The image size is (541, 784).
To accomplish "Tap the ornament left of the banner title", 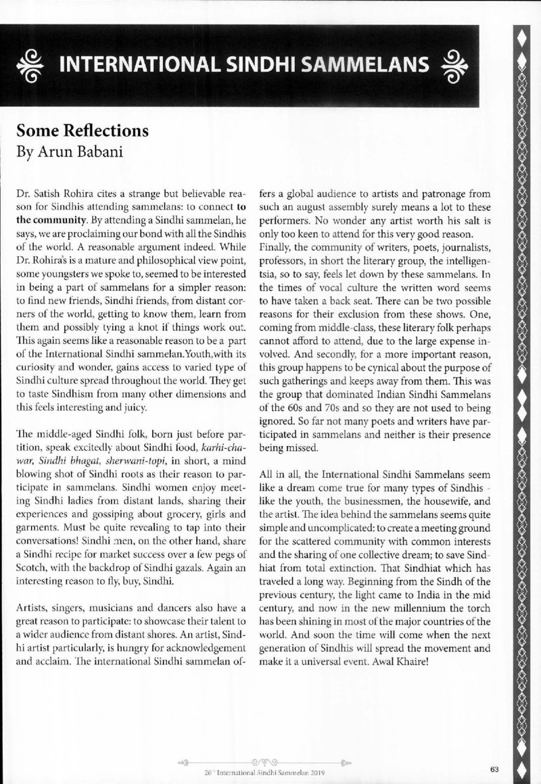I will (x=32, y=65).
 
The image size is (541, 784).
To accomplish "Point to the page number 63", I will (x=495, y=769).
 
